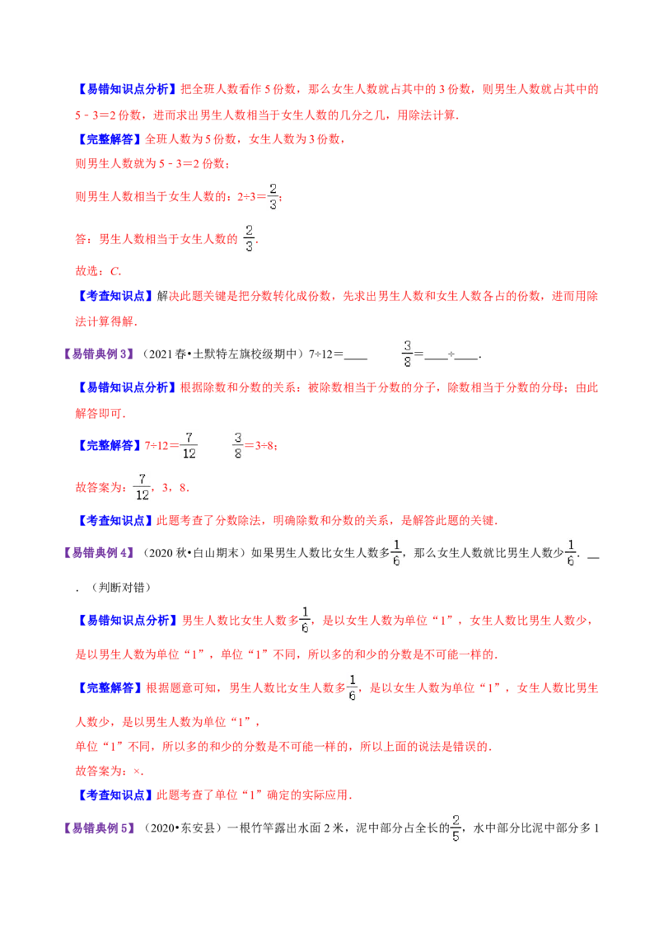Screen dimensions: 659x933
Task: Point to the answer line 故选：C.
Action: pos(98,271)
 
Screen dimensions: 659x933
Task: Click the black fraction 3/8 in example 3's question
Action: pos(408,354)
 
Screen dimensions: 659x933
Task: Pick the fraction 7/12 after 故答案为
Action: pos(143,487)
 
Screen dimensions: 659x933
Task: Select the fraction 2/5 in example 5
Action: pos(456,828)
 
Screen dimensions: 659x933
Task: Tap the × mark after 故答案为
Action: pos(137,771)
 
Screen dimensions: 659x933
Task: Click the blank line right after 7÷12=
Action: pos(356,359)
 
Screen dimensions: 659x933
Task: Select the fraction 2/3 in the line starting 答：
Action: pos(250,238)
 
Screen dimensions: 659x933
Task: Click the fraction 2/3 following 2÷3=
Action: pos(273,196)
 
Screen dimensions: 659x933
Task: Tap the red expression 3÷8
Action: pos(264,446)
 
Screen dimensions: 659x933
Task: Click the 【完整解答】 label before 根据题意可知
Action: pos(110,688)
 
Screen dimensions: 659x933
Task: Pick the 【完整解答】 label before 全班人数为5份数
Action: pos(110,139)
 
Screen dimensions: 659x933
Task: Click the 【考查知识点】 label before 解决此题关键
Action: pos(115,296)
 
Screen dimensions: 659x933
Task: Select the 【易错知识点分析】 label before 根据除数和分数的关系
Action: pos(128,387)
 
